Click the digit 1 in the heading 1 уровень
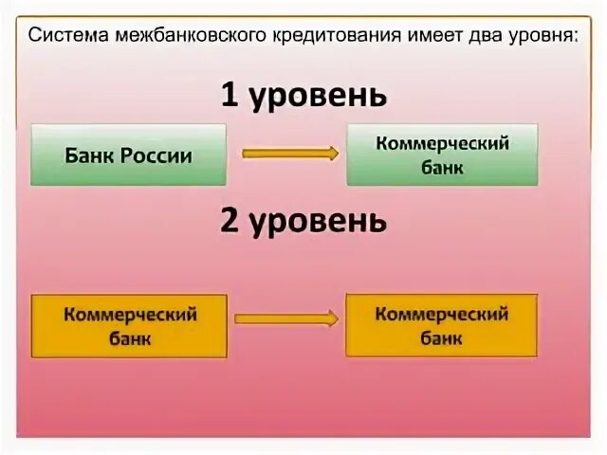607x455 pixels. [230, 95]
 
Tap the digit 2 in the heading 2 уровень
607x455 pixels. [230, 220]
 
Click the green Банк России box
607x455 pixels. [129, 155]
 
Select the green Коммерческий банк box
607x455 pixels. [442, 155]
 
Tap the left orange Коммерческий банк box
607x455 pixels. [129, 325]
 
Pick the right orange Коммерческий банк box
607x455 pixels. [442, 325]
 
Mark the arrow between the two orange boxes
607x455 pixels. [285, 319]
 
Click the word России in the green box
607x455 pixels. [157, 155]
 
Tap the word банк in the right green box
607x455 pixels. [443, 168]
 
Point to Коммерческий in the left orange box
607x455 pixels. [130, 314]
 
